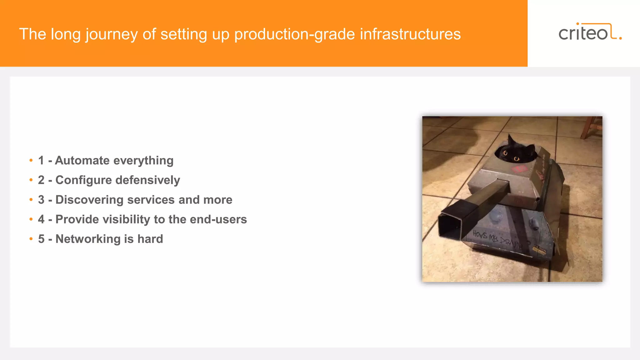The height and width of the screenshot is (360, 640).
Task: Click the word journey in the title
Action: (x=111, y=34)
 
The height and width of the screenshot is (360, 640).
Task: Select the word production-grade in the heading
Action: (x=295, y=34)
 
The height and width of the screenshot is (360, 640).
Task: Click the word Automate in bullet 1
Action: (x=82, y=161)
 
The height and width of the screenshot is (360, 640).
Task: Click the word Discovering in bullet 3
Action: (x=89, y=200)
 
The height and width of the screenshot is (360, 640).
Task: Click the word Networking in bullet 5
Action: (x=88, y=239)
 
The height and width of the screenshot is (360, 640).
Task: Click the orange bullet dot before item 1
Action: (x=31, y=161)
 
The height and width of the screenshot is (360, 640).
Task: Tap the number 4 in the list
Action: (x=41, y=219)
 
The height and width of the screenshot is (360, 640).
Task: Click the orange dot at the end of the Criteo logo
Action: (x=620, y=38)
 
